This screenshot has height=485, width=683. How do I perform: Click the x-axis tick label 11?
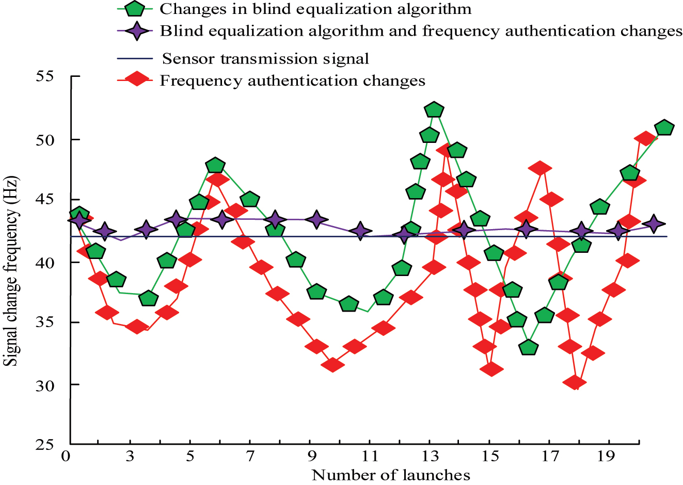tap(370, 456)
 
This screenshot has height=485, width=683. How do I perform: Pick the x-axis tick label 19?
tap(610, 456)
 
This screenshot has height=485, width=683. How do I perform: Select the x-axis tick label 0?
tap(66, 456)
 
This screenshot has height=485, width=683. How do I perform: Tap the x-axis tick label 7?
tap(250, 456)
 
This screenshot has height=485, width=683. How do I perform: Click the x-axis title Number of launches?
tap(391, 475)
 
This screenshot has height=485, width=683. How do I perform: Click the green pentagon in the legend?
tap(135, 9)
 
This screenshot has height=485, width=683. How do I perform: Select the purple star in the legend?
tap(135, 31)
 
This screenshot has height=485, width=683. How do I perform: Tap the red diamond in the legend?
tap(135, 79)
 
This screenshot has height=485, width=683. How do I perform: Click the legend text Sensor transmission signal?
tap(265, 58)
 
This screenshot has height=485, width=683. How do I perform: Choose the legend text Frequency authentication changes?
tap(292, 81)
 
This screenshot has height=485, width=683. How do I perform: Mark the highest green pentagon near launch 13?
tap(434, 109)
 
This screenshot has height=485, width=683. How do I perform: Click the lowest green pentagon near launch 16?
tap(529, 347)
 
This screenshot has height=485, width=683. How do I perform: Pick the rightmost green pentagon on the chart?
tap(664, 127)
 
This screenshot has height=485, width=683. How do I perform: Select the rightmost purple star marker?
tap(654, 223)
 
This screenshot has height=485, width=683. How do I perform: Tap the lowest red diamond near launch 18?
tap(575, 382)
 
